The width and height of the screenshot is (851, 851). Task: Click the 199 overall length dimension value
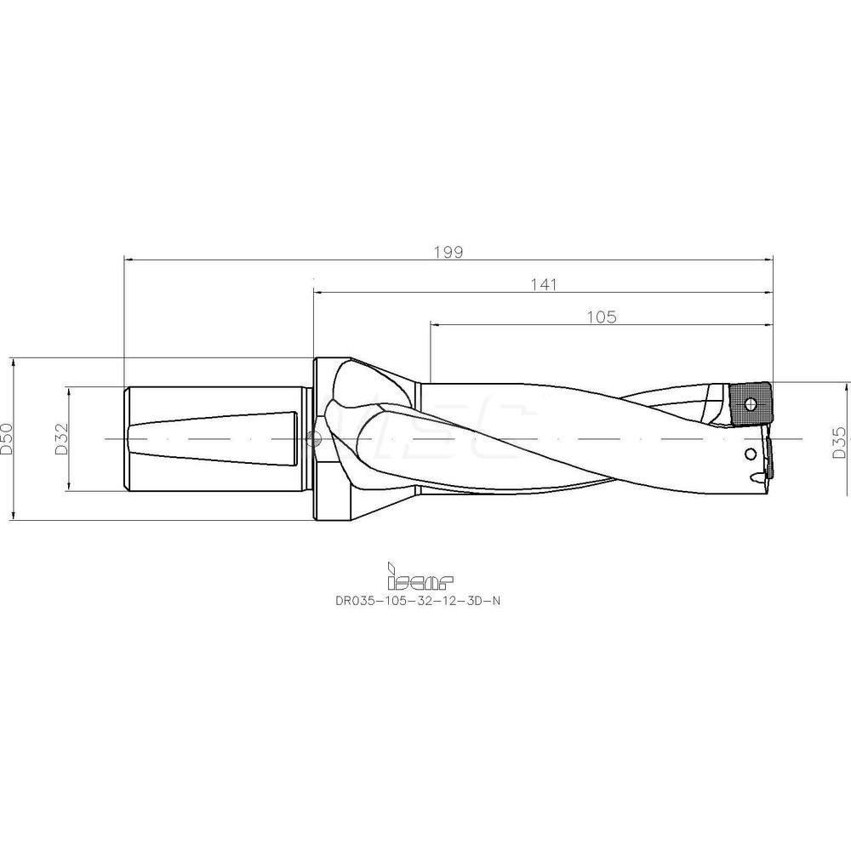(448, 253)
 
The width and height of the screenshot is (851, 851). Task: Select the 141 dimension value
(543, 285)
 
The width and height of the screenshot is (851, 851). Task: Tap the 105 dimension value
(602, 317)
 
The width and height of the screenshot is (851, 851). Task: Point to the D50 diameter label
(7, 438)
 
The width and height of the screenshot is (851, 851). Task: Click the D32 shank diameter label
(61, 438)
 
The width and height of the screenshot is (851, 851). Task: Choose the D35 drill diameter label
(839, 443)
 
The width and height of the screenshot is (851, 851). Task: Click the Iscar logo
(420, 577)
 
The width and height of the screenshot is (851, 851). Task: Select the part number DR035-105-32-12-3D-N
(417, 601)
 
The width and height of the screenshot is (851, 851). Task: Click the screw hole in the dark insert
(751, 403)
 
